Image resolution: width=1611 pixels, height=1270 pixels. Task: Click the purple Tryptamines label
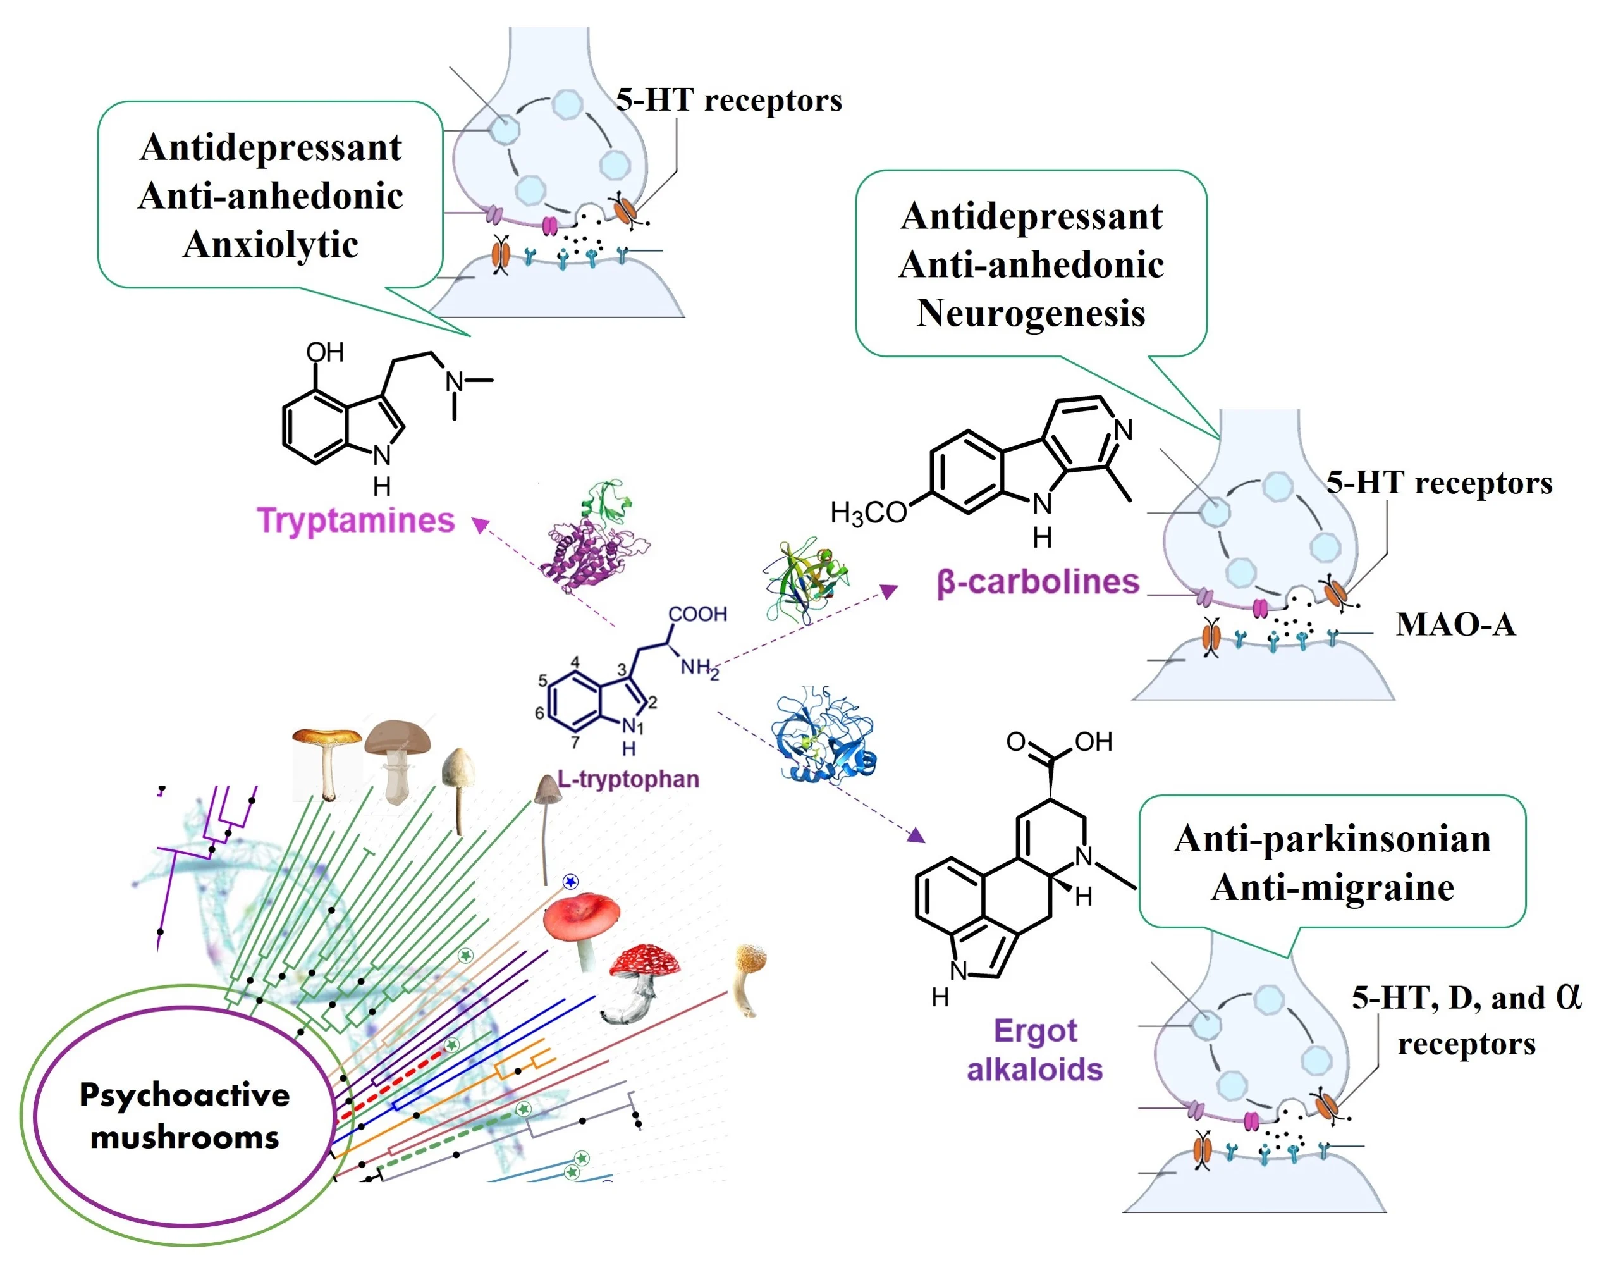(x=355, y=521)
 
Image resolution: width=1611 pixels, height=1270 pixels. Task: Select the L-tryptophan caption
(x=628, y=779)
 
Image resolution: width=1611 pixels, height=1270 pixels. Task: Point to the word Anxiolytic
(x=271, y=244)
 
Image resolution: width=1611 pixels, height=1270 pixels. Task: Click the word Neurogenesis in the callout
(x=1031, y=312)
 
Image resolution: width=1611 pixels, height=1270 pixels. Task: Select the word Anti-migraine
(x=1332, y=887)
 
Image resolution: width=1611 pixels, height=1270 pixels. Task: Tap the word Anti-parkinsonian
(x=1332, y=839)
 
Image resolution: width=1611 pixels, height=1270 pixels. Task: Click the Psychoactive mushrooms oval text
(x=185, y=1115)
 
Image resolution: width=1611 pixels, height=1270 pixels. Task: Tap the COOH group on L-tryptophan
(x=697, y=614)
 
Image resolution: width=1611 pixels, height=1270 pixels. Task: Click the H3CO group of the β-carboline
(x=868, y=512)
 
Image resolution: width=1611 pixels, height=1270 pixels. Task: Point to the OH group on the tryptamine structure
(x=325, y=352)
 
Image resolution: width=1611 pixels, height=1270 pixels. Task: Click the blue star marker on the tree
(x=570, y=882)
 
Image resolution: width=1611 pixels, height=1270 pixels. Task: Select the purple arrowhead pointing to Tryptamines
(x=481, y=524)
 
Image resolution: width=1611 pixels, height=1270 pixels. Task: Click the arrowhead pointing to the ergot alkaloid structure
(x=917, y=835)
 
